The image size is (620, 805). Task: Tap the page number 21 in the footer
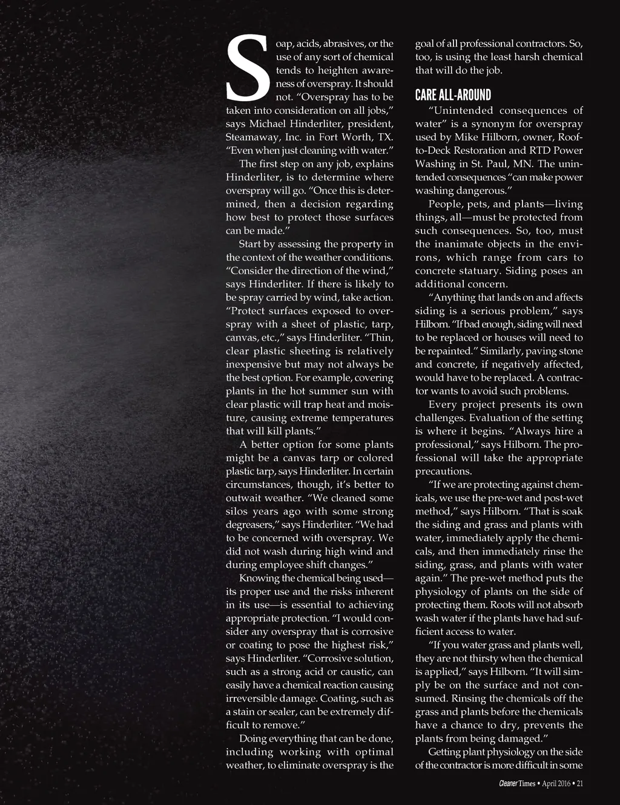pos(579,783)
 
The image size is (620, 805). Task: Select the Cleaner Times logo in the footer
pos(517,783)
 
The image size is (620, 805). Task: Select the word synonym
pos(493,123)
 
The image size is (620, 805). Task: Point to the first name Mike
pos(463,137)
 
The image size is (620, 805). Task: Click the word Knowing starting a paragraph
pos(259,578)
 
